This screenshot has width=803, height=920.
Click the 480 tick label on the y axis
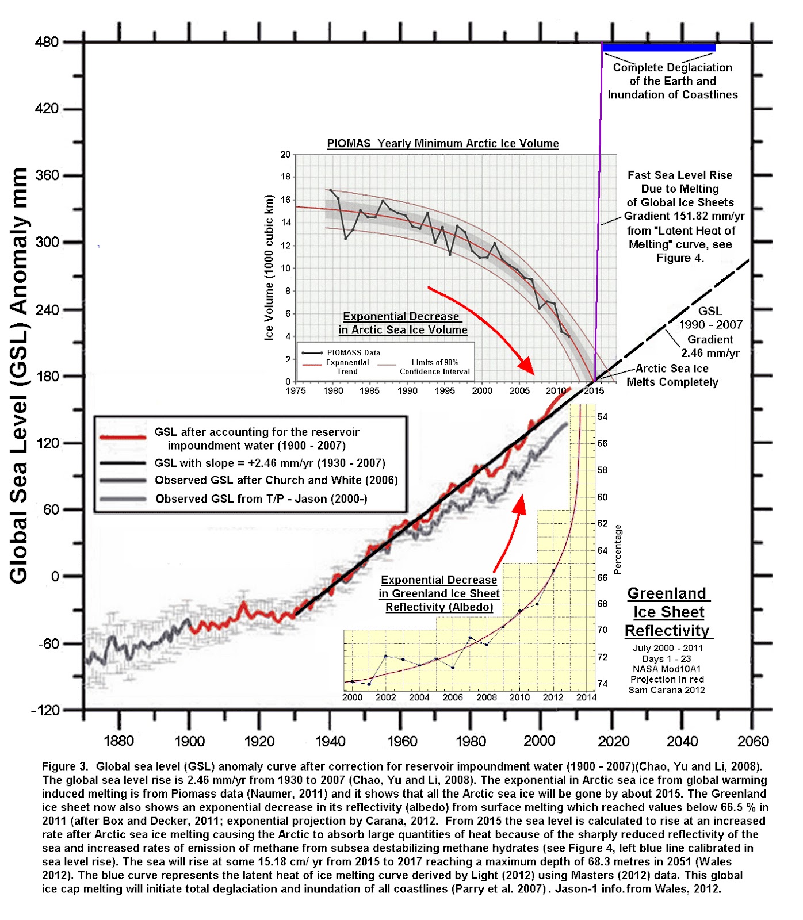coord(47,42)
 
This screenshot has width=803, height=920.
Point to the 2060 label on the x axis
coord(753,741)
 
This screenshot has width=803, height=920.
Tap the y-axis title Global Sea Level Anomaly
coord(18,376)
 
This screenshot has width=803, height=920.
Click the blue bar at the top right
coord(659,48)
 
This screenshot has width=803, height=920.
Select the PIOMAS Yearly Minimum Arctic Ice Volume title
coord(442,143)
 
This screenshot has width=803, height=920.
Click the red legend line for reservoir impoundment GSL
coord(123,438)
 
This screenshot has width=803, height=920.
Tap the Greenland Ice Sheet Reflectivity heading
coord(668,612)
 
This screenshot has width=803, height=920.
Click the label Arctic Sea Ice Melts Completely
coord(672,375)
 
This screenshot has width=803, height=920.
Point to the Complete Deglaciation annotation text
coord(672,81)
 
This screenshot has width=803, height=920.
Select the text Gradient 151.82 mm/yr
coord(684,216)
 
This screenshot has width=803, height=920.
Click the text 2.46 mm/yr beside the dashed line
coord(710,353)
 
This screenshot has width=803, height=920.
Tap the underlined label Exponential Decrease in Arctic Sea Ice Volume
coord(403,323)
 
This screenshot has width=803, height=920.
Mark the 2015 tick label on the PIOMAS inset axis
coord(594,391)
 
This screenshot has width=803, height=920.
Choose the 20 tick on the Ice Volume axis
coord(285,155)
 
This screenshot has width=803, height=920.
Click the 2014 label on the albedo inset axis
coord(586,697)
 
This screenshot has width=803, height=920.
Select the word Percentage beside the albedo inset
coord(618,549)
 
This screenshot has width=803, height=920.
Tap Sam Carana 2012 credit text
coord(666,690)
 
